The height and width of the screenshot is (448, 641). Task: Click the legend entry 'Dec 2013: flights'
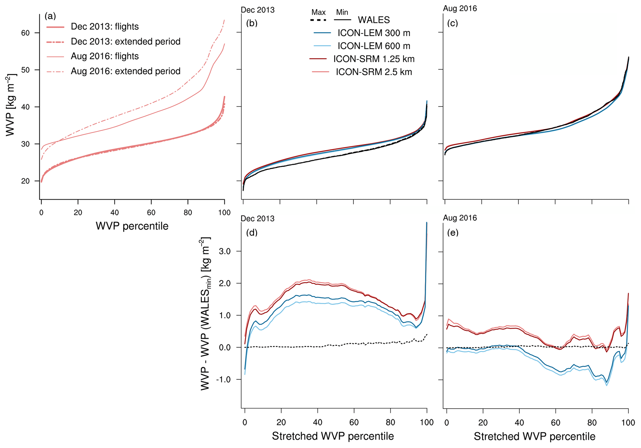click(105, 27)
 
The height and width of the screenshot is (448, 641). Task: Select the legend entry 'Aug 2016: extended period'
click(125, 71)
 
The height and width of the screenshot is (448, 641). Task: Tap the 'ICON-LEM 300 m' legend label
click(374, 33)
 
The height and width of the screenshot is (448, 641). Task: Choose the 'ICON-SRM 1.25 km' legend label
click(374, 59)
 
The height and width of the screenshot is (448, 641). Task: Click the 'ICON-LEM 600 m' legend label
click(374, 46)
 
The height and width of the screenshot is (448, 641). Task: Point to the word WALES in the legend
click(374, 20)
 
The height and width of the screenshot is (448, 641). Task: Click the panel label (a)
click(50, 16)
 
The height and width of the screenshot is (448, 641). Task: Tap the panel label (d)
click(252, 232)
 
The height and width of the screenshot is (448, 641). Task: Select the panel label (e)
click(453, 232)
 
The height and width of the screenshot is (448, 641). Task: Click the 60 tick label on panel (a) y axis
click(25, 33)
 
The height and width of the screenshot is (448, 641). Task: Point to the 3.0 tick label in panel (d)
click(224, 251)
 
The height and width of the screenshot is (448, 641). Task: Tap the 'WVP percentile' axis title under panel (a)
click(132, 226)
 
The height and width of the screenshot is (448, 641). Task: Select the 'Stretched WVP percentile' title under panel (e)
click(534, 436)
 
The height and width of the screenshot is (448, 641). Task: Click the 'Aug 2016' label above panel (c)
click(460, 8)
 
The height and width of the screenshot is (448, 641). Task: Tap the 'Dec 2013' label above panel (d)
click(257, 219)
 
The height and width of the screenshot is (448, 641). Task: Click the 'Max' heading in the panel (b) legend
click(318, 12)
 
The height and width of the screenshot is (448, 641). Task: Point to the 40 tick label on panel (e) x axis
click(519, 422)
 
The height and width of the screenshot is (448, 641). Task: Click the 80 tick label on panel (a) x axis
click(188, 213)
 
